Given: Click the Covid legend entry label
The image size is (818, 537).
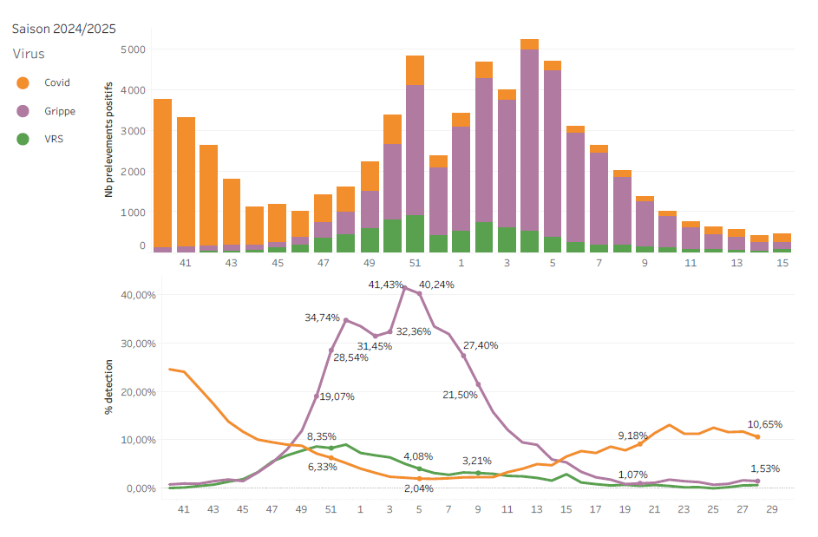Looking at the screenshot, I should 57,83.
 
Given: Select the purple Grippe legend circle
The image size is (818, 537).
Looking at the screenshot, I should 23,111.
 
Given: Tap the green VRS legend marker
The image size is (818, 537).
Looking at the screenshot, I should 23,139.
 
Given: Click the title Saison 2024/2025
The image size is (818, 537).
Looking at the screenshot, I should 63,29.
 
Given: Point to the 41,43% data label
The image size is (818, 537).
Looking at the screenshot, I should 387,285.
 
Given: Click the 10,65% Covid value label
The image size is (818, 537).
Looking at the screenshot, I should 765,424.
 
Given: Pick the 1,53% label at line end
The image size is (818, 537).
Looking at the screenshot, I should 764,468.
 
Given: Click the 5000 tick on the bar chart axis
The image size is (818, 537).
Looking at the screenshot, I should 133,49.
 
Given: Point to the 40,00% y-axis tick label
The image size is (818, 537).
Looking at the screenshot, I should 136,295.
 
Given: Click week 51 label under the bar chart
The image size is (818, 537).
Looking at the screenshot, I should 415,262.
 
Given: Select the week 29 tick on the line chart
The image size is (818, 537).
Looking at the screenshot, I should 772,509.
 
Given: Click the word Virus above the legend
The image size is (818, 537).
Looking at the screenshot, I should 29,54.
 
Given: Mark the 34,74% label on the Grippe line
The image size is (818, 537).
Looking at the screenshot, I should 322,318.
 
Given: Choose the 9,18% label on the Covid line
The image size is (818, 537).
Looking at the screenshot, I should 632,435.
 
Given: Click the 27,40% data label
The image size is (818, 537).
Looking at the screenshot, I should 481,345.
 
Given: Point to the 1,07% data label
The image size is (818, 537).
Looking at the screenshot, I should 633,475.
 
